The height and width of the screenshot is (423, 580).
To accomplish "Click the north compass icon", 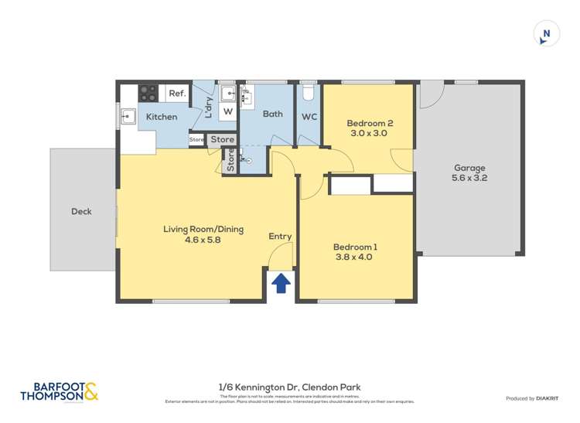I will click(546, 33).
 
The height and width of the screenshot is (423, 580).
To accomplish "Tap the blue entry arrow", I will click(281, 283).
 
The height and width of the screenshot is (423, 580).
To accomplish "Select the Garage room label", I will click(469, 172).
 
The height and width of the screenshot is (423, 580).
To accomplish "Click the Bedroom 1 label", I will click(353, 251).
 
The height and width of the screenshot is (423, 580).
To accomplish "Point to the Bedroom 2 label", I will click(369, 128).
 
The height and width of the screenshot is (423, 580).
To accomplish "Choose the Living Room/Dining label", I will click(203, 234).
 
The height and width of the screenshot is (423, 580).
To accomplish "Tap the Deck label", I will click(81, 211).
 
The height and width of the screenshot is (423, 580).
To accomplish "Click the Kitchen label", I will click(162, 117).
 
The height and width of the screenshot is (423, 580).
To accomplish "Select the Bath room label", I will click(272, 114).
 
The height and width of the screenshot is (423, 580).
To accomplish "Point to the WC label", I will click(309, 118).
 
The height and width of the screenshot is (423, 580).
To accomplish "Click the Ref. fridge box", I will click(177, 94).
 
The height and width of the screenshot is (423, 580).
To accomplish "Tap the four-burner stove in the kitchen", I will click(148, 94).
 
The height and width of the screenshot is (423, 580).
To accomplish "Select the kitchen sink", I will click(128, 118).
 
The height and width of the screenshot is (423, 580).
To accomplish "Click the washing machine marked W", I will click(228, 111).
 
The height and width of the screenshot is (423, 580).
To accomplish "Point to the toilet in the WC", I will click(309, 93).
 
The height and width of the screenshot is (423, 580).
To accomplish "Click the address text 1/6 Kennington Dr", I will click(289, 387).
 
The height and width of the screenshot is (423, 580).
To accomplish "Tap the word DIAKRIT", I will click(549, 398).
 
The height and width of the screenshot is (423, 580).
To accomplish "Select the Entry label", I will click(280, 237).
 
